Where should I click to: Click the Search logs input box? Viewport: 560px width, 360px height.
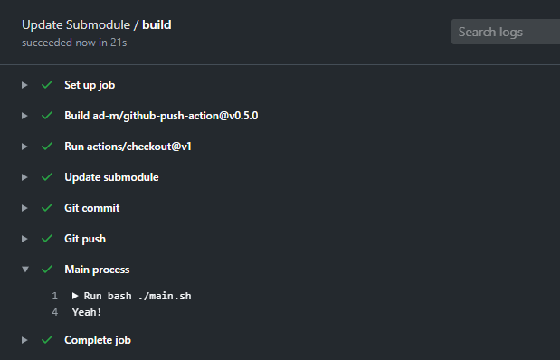point(505,32)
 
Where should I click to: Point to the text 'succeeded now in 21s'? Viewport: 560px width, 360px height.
point(73,42)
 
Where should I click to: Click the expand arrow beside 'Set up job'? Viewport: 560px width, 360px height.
point(24,85)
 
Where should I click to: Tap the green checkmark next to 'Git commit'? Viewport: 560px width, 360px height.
point(46,208)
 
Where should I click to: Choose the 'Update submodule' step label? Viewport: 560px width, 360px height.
point(111,177)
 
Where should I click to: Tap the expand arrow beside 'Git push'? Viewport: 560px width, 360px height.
point(24,239)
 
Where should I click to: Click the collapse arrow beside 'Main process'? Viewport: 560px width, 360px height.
point(24,270)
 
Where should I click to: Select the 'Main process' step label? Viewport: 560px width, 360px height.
point(97,270)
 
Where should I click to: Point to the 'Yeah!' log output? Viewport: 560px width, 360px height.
point(87,312)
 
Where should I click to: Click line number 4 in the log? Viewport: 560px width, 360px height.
point(55,312)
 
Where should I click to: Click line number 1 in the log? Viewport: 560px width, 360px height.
point(55,296)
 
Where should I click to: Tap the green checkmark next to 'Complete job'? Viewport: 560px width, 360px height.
point(46,340)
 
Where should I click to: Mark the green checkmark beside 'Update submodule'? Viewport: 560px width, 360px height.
point(46,177)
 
